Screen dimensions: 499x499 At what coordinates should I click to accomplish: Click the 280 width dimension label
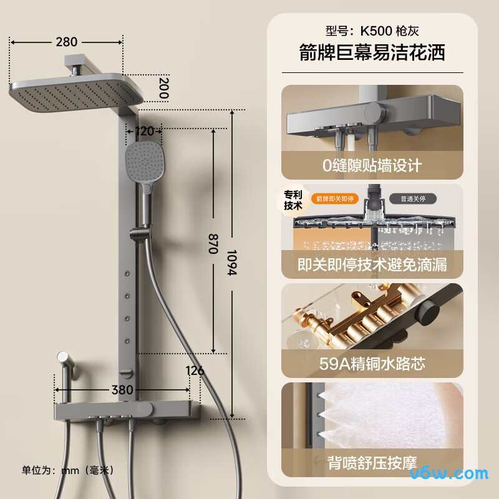click(x=67, y=42)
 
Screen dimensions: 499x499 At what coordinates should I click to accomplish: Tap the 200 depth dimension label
click(x=163, y=88)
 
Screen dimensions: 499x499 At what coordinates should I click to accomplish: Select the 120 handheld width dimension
click(x=144, y=131)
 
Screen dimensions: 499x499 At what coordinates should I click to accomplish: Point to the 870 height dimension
click(x=213, y=244)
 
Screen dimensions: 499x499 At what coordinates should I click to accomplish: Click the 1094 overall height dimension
click(x=232, y=263)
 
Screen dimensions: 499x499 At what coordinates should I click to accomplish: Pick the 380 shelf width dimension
click(x=122, y=390)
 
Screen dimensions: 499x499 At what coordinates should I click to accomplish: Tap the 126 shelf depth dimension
click(x=195, y=371)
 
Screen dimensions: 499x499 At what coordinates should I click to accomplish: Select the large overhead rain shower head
click(x=75, y=92)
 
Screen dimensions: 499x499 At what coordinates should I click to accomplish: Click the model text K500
click(x=376, y=31)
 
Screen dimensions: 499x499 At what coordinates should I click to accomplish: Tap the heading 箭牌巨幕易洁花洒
click(x=372, y=52)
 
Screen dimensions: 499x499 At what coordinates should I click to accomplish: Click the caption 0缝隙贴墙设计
click(x=372, y=165)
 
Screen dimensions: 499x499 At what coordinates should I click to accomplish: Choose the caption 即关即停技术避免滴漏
click(x=372, y=264)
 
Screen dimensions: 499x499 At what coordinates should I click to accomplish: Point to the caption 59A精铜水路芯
click(x=372, y=364)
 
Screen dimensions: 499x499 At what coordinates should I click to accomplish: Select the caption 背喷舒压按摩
click(x=372, y=463)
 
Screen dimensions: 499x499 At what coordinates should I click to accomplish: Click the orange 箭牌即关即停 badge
click(x=335, y=199)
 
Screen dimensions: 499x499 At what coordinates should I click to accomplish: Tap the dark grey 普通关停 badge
click(x=413, y=199)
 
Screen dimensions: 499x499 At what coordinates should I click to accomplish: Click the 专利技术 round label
click(x=293, y=200)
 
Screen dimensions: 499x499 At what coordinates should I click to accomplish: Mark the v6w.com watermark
click(x=449, y=474)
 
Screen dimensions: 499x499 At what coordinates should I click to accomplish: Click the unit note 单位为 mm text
click(x=67, y=470)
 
